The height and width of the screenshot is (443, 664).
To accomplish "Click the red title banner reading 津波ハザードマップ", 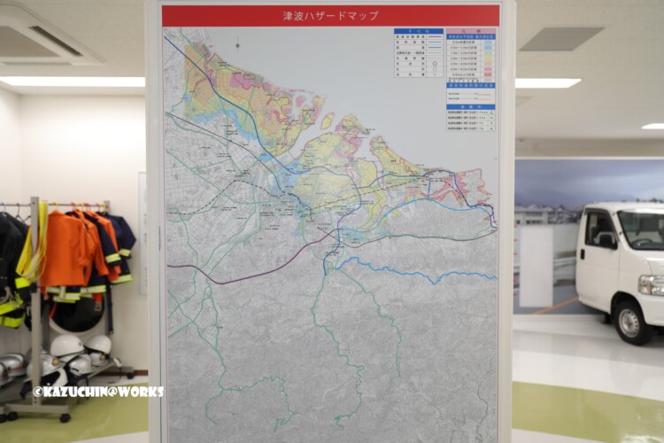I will pos(330,16).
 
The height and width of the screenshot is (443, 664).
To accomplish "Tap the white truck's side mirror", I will pos(606,239).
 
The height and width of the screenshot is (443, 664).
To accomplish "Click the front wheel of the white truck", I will pos(632,322).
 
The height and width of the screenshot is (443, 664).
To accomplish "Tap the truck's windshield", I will pos(643,229).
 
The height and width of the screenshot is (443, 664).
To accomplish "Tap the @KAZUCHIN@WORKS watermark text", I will pos(97,391).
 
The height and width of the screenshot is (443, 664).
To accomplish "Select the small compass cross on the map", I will pos(236,45).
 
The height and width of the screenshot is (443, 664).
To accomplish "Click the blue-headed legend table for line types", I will pos(419,52).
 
